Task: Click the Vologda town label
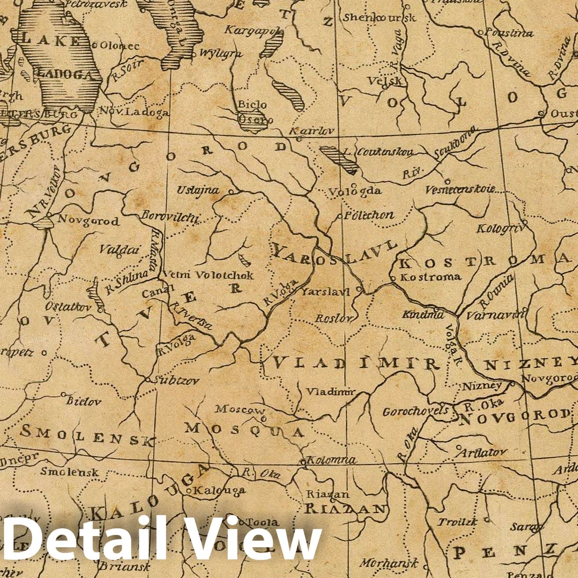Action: coord(355,191)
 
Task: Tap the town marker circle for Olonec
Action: coord(94,45)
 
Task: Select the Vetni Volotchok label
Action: coord(208,275)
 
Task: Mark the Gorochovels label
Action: coord(415,412)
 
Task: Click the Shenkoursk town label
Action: coord(379,18)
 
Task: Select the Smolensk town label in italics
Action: coord(70,471)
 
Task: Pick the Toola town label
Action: coord(263,522)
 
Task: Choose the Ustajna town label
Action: coord(198,190)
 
